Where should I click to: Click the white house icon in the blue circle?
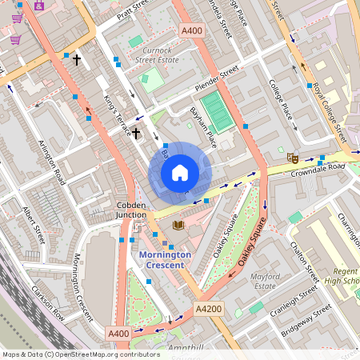click(x=180, y=173)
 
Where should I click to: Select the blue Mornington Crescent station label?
click(x=165, y=259)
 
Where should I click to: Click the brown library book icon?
click(x=178, y=226)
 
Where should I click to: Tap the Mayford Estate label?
click(x=263, y=281)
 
